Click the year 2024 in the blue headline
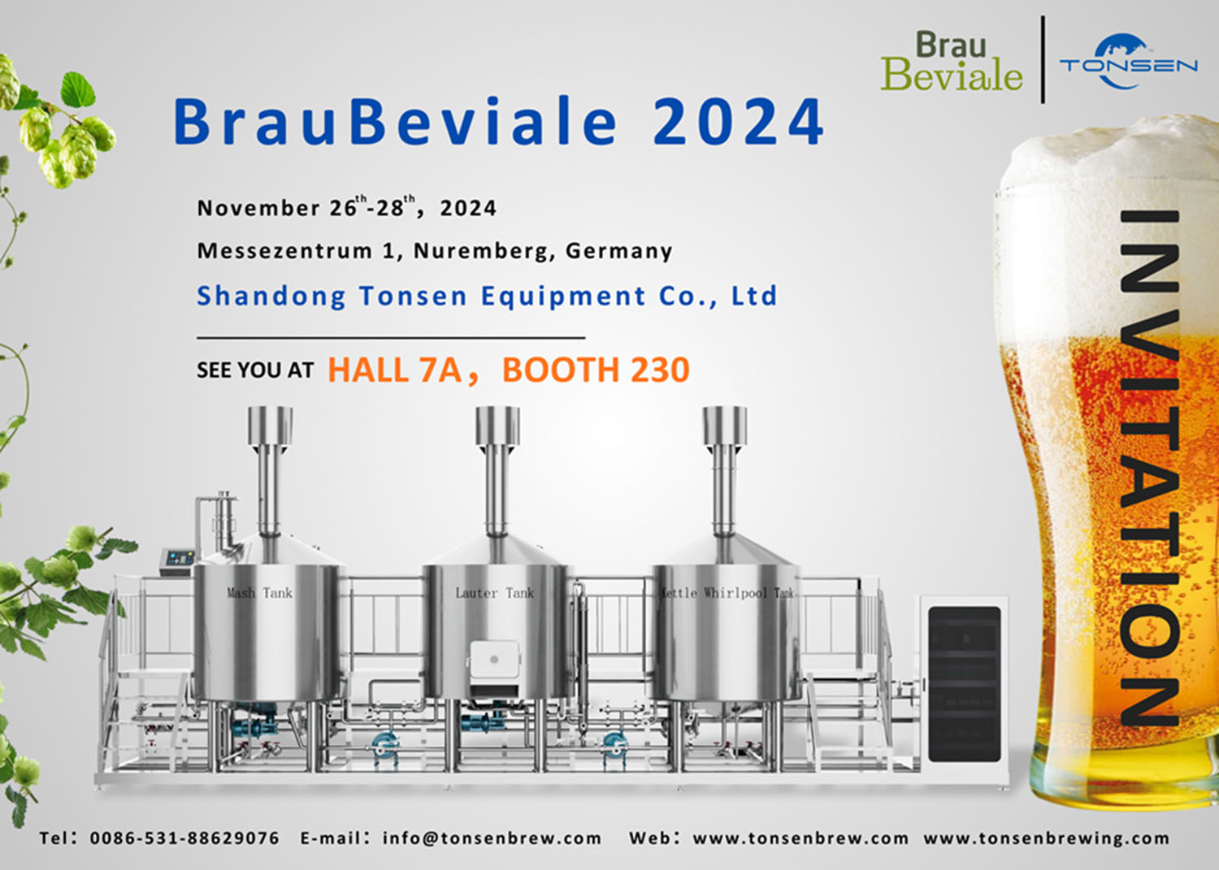738,123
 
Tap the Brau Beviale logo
951,63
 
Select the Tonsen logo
1128,63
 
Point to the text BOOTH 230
596,370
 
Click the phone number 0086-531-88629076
184,838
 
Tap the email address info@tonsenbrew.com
492,838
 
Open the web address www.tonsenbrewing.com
1046,838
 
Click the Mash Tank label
259,593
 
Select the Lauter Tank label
494,593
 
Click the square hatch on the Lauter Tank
494,660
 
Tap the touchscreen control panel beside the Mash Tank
178,558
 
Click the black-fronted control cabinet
964,684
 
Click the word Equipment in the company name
563,296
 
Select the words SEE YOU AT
255,370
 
